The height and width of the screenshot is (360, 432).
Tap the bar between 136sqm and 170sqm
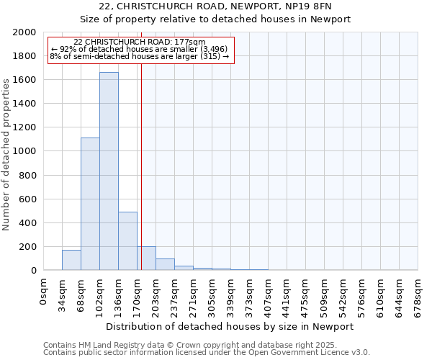coord(127,240)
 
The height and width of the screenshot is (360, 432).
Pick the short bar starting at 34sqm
coord(71,260)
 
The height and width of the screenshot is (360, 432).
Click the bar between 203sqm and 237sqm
coord(165,264)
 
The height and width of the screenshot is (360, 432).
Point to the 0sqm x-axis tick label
coord(44,289)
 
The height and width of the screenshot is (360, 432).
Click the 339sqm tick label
coord(231,292)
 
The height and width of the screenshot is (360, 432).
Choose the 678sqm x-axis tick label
coord(418,292)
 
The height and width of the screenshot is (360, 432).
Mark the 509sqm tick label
coord(325,292)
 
